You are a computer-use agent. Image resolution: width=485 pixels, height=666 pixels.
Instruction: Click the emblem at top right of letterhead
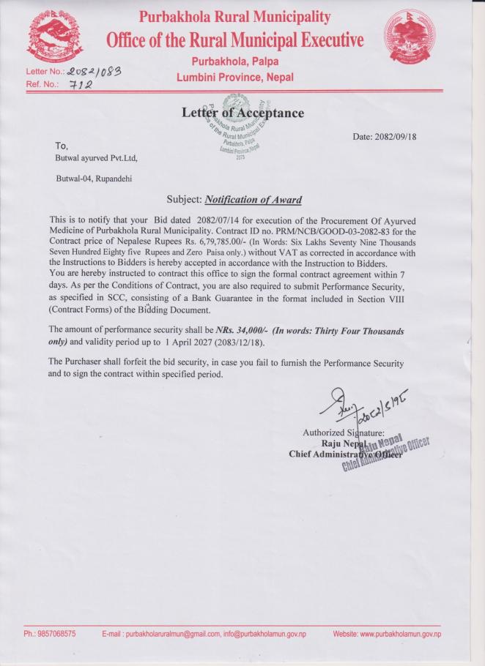point(411,40)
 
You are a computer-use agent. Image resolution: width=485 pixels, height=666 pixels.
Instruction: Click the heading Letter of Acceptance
point(242,113)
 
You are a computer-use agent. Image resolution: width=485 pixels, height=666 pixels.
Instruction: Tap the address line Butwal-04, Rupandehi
point(95,179)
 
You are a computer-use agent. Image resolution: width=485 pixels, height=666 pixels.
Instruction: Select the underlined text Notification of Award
point(253,199)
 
